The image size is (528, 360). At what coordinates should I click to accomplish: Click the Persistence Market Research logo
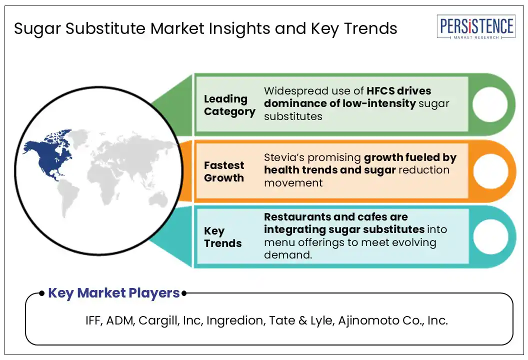click(476, 27)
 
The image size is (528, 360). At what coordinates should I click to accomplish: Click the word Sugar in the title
click(37, 29)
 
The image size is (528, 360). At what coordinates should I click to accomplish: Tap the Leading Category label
click(229, 105)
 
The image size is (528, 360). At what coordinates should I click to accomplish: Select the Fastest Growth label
click(224, 171)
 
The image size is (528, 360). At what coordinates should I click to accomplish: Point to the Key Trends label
click(222, 237)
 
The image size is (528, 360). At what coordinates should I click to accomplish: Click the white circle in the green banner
click(490, 104)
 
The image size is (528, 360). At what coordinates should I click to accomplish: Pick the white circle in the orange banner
click(490, 171)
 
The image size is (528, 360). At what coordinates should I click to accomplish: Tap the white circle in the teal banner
click(490, 236)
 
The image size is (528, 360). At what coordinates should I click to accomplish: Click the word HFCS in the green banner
click(380, 90)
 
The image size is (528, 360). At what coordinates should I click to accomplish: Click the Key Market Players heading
click(114, 293)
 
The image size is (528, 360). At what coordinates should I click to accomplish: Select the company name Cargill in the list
click(158, 320)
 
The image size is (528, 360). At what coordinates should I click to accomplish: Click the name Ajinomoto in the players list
click(363, 320)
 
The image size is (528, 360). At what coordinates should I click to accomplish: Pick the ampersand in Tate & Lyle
click(302, 320)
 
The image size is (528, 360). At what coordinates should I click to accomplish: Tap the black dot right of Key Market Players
click(184, 293)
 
